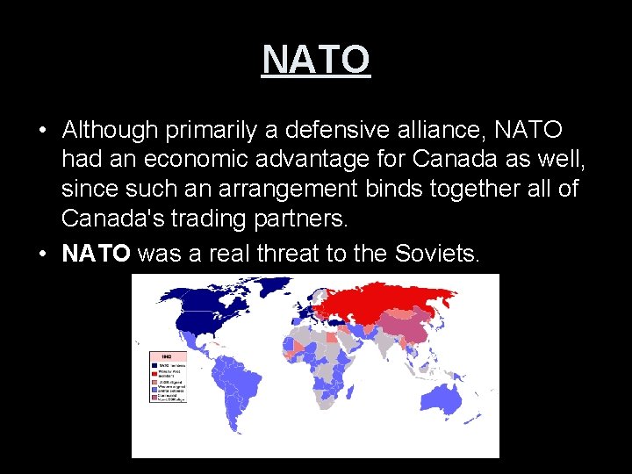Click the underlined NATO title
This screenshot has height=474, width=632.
tap(316, 60)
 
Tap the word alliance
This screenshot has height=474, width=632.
tap(442, 131)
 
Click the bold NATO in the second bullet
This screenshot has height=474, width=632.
tap(97, 254)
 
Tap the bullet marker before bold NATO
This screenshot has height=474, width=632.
tap(42, 255)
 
